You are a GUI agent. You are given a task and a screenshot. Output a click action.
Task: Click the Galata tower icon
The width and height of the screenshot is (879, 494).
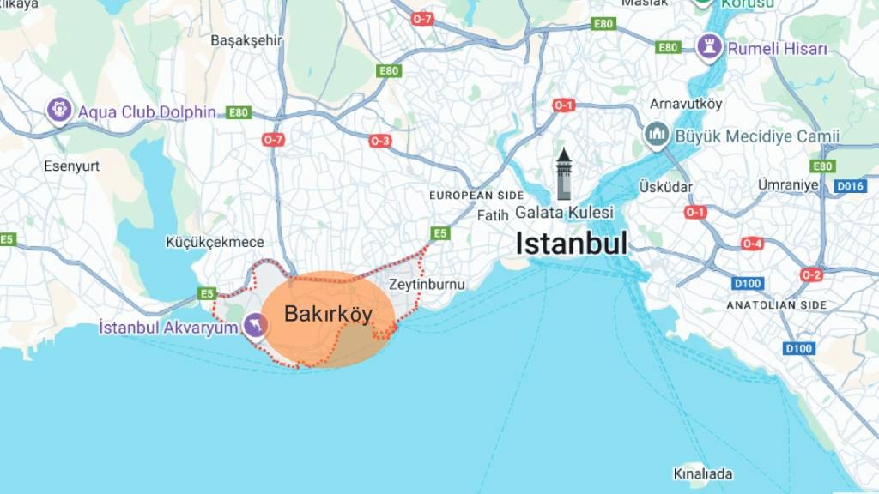(x=564, y=174)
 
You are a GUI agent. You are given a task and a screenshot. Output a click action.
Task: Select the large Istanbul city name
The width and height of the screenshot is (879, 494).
(x=571, y=243)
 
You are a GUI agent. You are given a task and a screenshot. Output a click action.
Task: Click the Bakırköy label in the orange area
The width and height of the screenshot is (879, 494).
(x=328, y=315)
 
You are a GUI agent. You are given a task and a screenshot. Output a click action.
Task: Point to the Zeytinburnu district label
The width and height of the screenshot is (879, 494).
(x=427, y=284)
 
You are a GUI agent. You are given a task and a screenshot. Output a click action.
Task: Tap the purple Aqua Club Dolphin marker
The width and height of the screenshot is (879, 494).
(x=59, y=110)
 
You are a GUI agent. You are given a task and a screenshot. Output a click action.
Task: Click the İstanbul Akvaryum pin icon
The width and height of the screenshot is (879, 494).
(x=254, y=325)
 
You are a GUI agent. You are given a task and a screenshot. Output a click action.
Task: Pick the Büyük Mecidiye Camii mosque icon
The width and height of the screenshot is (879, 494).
(x=656, y=136)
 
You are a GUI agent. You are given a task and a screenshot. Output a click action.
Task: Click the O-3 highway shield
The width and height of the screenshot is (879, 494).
(x=380, y=141)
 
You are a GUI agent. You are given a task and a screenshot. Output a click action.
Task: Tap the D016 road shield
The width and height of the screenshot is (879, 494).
(x=850, y=186)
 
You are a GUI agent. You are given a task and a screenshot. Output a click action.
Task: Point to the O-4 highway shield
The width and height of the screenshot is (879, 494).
(x=752, y=244)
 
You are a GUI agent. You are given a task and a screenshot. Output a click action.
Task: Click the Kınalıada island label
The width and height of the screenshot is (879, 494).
(x=702, y=473)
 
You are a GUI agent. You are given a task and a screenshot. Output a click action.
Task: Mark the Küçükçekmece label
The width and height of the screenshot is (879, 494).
(x=215, y=243)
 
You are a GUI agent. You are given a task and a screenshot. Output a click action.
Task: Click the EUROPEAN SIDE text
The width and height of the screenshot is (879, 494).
(x=476, y=196)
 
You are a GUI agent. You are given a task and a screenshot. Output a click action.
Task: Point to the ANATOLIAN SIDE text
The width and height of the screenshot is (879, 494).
(x=777, y=304)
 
